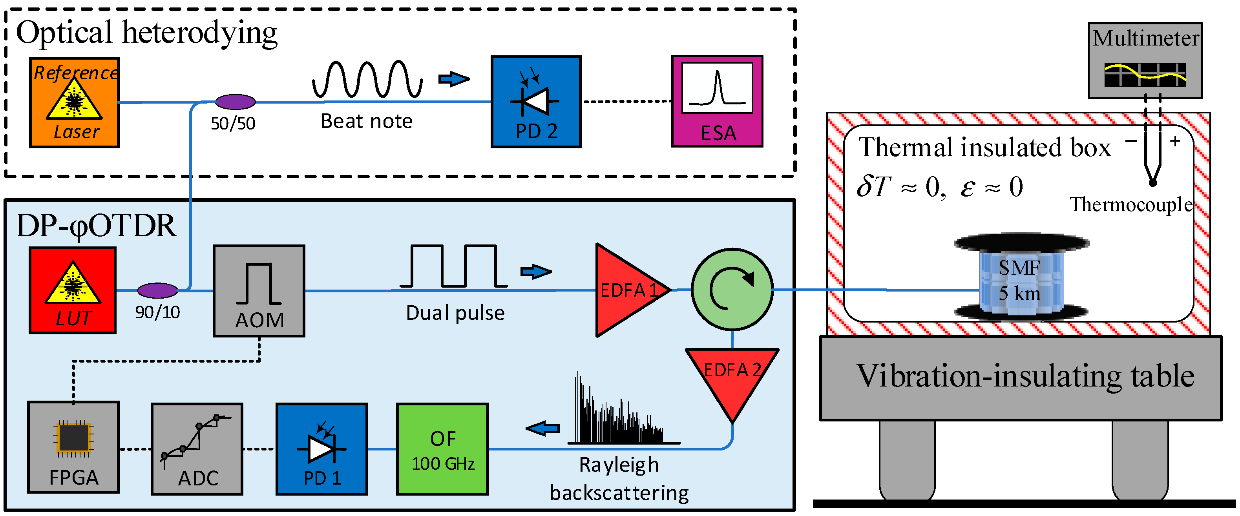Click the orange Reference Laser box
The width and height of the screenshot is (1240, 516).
point(74,102)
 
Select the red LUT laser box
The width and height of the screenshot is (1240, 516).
point(73,290)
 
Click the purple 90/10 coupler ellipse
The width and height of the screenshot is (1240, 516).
point(157,290)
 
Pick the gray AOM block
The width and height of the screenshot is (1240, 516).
point(259,291)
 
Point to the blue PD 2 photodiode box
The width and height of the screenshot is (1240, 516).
point(536,102)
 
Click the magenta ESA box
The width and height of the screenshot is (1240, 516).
point(717,101)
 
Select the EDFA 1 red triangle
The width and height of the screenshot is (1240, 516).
point(626,290)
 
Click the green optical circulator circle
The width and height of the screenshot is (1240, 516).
point(732,289)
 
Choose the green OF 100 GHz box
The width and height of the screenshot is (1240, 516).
point(442,449)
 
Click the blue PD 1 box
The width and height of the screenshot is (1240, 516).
point(321,449)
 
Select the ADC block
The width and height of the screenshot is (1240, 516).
point(197,449)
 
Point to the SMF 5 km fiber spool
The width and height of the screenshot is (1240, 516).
point(1021,279)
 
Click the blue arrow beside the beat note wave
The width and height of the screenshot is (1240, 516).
point(453,79)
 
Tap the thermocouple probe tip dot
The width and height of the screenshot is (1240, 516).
point(1152,183)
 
